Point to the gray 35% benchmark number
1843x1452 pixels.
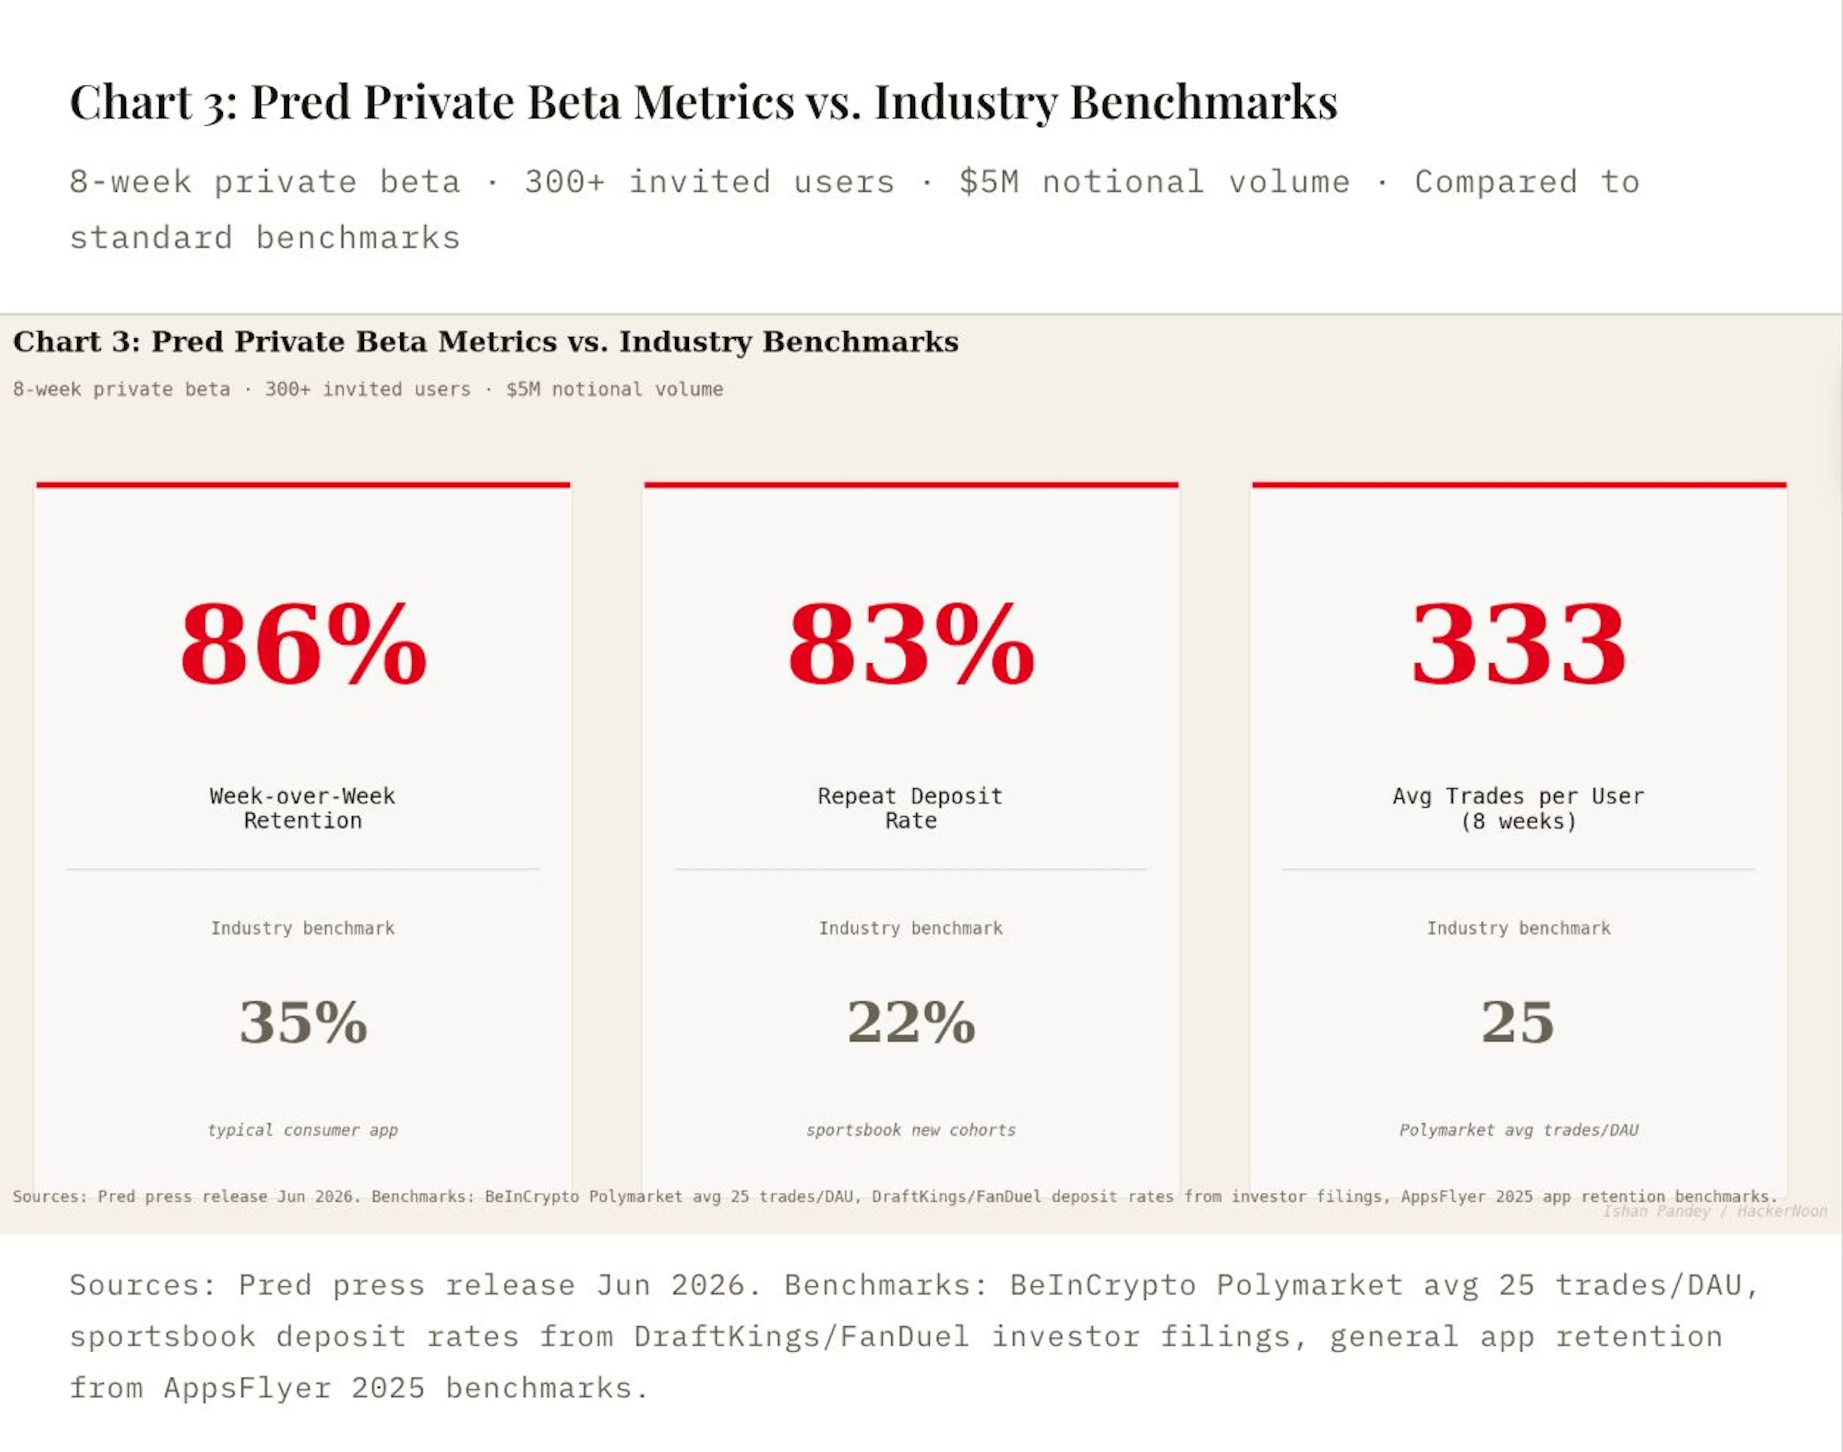pyautogui.click(x=303, y=1022)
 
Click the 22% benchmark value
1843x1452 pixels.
pyautogui.click(x=911, y=1022)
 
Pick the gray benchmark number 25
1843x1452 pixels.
pyautogui.click(x=1518, y=1022)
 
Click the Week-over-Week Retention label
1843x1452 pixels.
pyautogui.click(x=303, y=808)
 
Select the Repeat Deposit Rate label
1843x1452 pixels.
pyautogui.click(x=910, y=808)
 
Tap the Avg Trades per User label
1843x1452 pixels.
pyautogui.click(x=1518, y=808)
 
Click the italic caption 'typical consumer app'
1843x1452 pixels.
pyautogui.click(x=303, y=1130)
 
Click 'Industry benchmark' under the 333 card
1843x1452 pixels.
pyautogui.click(x=1518, y=928)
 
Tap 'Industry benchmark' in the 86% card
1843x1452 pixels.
pyautogui.click(x=303, y=928)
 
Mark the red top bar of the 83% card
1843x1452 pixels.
pyautogui.click(x=911, y=485)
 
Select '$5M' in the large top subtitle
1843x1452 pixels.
pyautogui.click(x=989, y=182)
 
